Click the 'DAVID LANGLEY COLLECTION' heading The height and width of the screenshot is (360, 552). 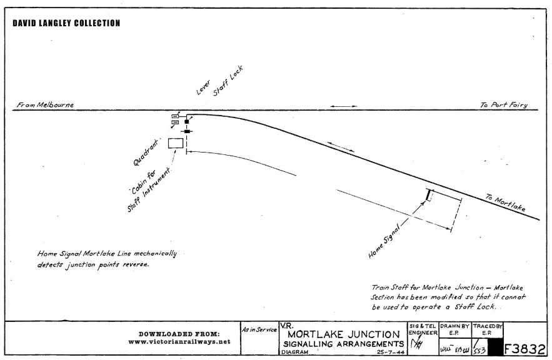click(66, 23)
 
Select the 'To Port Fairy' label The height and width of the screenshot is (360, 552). click(503, 105)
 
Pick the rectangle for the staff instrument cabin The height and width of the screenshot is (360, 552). click(176, 143)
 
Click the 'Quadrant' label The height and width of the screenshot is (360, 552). click(145, 152)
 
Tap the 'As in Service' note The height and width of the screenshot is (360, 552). click(259, 329)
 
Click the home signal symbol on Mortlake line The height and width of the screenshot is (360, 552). click(429, 195)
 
